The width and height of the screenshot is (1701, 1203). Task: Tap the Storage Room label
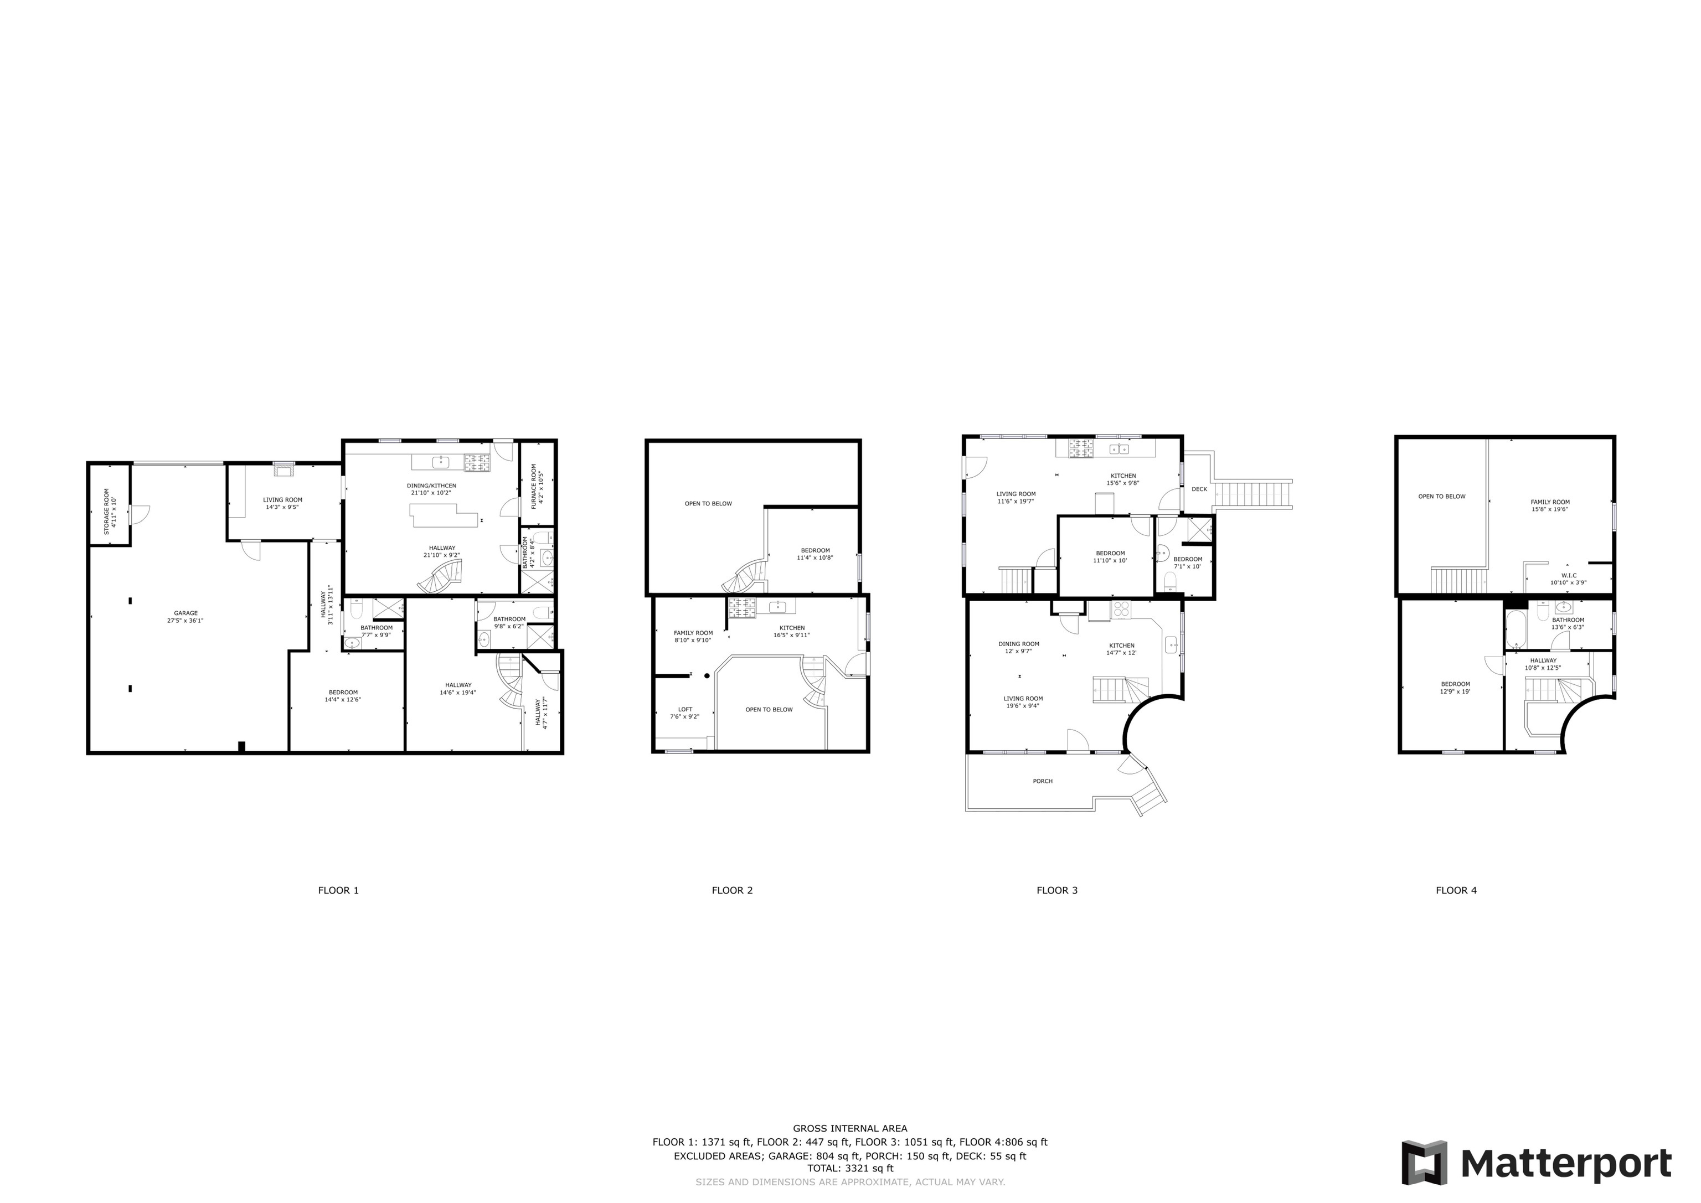coord(109,511)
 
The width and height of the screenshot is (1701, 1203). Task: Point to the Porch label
coord(1043,781)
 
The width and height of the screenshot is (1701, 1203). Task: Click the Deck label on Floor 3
coord(1199,489)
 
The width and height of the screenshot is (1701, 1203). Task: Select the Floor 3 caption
coord(1056,890)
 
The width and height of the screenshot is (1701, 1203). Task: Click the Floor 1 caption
coord(338,890)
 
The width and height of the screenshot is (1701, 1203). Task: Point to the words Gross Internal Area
coord(850,1129)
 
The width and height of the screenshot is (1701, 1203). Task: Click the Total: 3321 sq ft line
coord(850,1168)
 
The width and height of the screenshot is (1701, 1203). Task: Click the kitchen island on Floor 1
coord(445,514)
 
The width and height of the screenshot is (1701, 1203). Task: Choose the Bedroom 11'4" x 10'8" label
coord(815,554)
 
